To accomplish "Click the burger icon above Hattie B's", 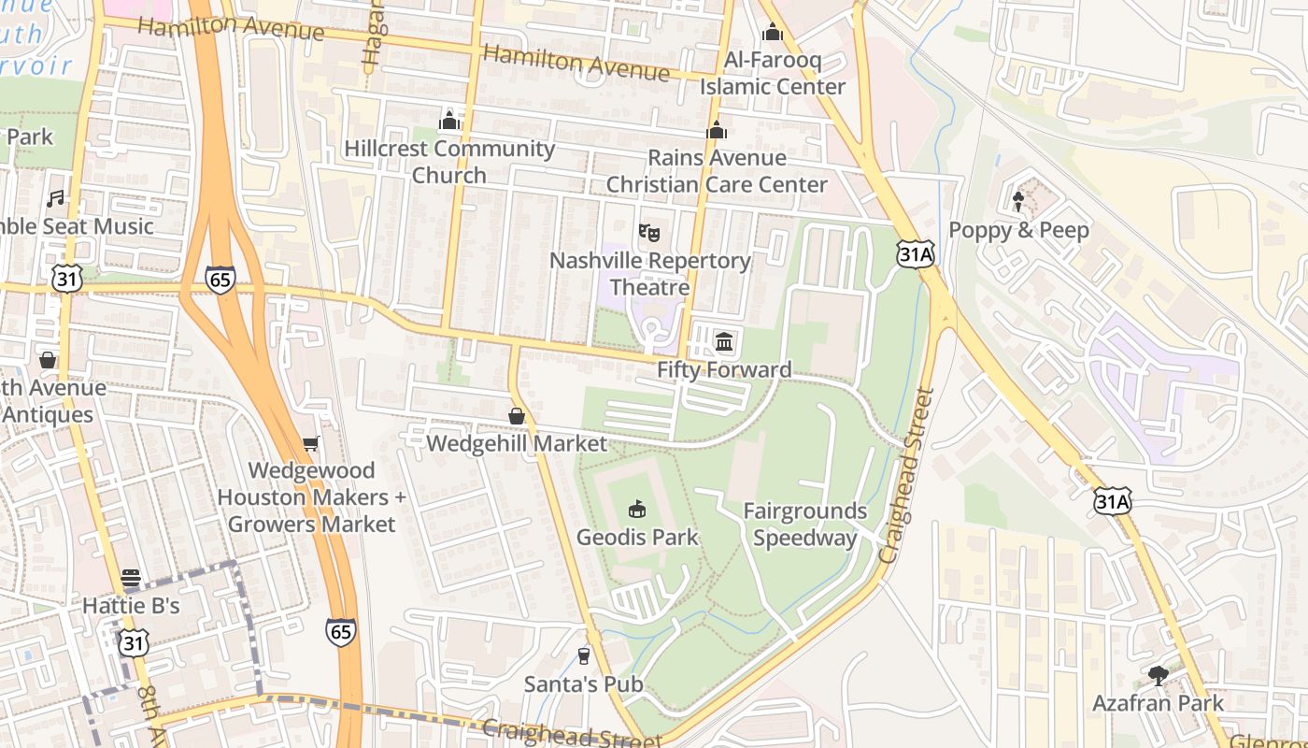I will [130, 577].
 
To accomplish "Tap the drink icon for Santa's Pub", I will [584, 655].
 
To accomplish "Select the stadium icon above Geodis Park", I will [637, 509].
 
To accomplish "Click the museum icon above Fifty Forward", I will [724, 341].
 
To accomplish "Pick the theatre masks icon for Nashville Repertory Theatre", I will [649, 232].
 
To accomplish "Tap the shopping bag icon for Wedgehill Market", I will [517, 415].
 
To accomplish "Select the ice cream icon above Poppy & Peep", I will [1018, 201].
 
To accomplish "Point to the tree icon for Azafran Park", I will [1159, 674].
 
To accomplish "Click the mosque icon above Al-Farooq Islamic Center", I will [773, 33].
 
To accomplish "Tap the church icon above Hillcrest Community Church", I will [449, 121].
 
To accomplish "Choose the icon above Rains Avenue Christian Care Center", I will [717, 130].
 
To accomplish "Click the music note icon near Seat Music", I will [56, 198].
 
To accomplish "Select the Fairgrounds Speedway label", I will [804, 525].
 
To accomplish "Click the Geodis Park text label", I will [637, 538].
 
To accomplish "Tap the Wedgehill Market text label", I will [517, 443].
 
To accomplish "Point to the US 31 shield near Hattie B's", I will [134, 642].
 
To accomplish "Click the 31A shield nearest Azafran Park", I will [1112, 501].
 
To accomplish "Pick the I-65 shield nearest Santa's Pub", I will [341, 632].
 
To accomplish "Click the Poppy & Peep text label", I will [1018, 230].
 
